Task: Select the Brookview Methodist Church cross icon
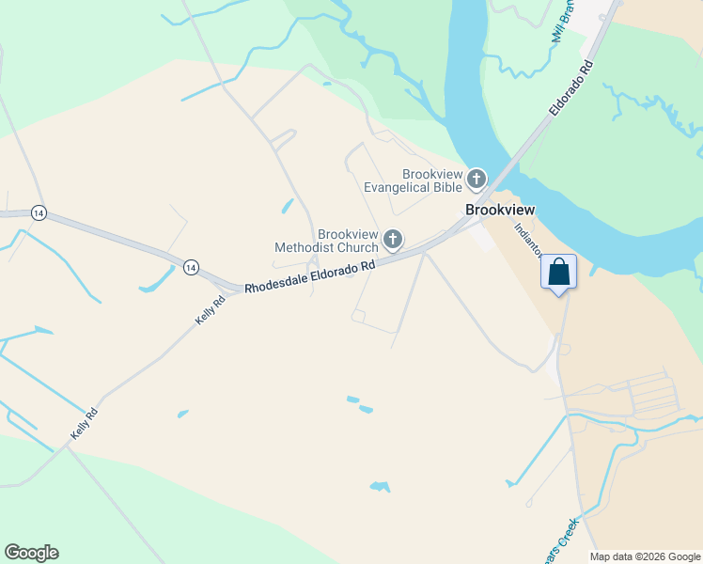point(393,241)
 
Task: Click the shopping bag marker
point(558,273)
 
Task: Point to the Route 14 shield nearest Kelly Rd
point(192,268)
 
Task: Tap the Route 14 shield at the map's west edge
point(39,212)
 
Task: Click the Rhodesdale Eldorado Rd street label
point(310,277)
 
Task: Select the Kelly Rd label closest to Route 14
point(211,310)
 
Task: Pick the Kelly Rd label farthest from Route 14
point(84,425)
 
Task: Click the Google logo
point(31,553)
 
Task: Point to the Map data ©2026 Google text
point(645,556)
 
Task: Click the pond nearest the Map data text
point(380,486)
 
